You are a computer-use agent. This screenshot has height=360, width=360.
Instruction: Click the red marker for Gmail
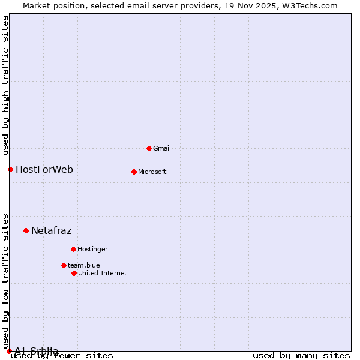149,148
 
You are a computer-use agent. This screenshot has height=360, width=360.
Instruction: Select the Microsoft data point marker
134,172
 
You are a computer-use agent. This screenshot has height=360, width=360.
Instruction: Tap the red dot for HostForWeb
10,169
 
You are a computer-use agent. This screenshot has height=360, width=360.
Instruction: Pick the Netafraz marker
26,230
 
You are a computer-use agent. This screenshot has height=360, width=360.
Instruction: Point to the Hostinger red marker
73,249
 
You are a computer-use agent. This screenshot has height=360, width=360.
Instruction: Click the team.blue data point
64,265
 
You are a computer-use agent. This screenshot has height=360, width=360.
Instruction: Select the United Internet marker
74,273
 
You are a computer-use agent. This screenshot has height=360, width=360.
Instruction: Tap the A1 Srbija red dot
9,351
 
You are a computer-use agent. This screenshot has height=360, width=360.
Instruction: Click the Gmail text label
162,148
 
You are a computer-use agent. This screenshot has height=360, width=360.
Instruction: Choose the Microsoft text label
152,172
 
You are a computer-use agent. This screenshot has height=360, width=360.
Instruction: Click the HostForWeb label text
44,169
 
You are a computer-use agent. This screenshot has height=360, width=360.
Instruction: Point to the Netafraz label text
51,230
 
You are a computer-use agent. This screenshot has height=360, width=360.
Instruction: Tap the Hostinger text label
92,249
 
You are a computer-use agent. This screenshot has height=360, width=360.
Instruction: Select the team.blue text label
84,265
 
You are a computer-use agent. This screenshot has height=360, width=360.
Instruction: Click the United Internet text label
103,273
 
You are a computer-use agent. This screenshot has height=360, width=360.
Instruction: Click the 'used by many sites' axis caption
301,356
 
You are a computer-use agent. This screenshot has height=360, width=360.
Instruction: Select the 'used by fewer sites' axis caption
62,356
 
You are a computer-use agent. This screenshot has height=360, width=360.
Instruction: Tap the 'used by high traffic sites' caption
6,85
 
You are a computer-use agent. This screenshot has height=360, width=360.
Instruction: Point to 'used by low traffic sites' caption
6,281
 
